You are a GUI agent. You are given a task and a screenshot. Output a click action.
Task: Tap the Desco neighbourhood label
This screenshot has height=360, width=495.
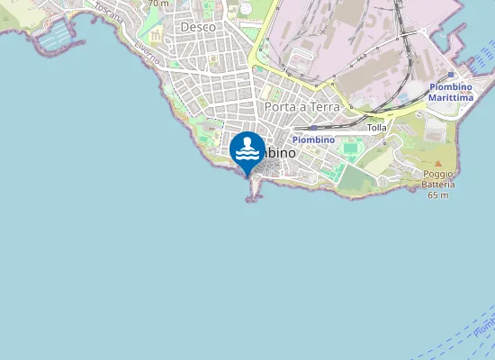click(x=197, y=27)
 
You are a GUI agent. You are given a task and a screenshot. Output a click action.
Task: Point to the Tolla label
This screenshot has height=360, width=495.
click(x=377, y=128)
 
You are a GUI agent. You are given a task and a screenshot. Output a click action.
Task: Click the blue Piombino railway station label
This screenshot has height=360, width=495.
click(x=313, y=139)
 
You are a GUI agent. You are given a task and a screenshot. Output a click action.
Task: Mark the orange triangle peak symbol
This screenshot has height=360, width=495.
click(x=438, y=163)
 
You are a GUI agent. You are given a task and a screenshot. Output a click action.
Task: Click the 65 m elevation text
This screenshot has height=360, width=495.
click(x=438, y=195)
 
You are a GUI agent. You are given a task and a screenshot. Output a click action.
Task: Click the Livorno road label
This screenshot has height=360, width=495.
click(x=147, y=51)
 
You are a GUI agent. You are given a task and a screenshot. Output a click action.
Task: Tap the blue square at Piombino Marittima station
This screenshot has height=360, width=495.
click(x=450, y=76)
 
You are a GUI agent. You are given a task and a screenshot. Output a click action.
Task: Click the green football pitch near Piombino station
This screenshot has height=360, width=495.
click(x=349, y=148)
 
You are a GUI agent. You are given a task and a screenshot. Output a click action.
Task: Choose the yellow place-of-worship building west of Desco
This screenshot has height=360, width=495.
click(x=155, y=36)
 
